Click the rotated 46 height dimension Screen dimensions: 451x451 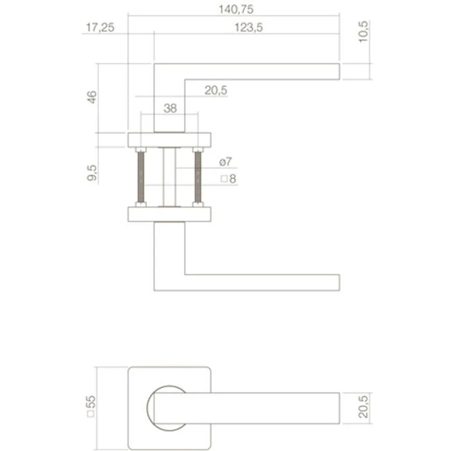point(92,97)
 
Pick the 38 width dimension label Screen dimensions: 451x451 point(169,109)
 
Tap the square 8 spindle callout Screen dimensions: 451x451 point(228,179)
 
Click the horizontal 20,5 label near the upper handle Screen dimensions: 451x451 point(216,91)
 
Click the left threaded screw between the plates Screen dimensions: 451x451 point(141,177)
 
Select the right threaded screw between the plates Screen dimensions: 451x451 point(198,177)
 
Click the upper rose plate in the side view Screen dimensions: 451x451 point(169,139)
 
